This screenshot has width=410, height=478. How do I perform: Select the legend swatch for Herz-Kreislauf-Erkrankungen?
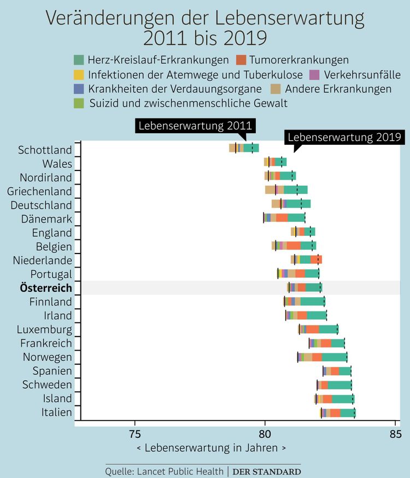point(78,60)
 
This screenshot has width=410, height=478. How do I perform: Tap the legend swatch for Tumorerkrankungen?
point(241,60)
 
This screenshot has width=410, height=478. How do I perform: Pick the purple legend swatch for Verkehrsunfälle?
point(314,75)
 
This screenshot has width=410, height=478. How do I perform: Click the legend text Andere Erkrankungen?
point(338,89)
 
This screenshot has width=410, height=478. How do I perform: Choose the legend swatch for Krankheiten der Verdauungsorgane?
point(78,89)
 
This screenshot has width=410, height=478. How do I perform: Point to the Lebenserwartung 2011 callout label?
point(190,126)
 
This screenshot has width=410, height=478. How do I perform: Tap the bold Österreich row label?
point(45,288)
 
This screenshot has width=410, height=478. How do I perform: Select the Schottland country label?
point(45,150)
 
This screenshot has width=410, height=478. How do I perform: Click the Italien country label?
point(56,412)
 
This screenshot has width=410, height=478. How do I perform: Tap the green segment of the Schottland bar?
point(251,148)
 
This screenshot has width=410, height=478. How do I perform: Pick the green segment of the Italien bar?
point(348,412)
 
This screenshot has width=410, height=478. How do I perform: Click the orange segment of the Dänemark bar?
point(282,218)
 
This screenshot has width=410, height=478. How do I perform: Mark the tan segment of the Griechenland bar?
point(270,190)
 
